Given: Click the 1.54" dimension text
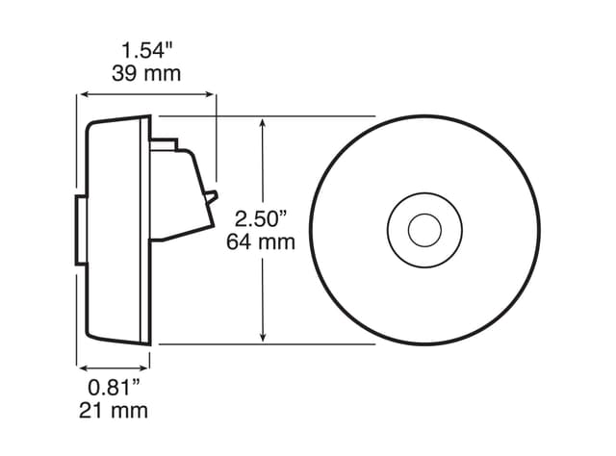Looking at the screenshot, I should (148, 48).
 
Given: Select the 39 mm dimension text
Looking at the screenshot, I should (148, 73).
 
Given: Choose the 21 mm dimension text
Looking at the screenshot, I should (114, 412).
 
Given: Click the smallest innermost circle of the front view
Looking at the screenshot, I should (421, 230).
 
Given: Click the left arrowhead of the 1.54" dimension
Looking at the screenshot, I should (84, 94).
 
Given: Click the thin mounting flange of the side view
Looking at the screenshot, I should (147, 231).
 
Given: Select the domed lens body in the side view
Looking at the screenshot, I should (114, 231).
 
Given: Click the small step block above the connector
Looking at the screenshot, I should (166, 142).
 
